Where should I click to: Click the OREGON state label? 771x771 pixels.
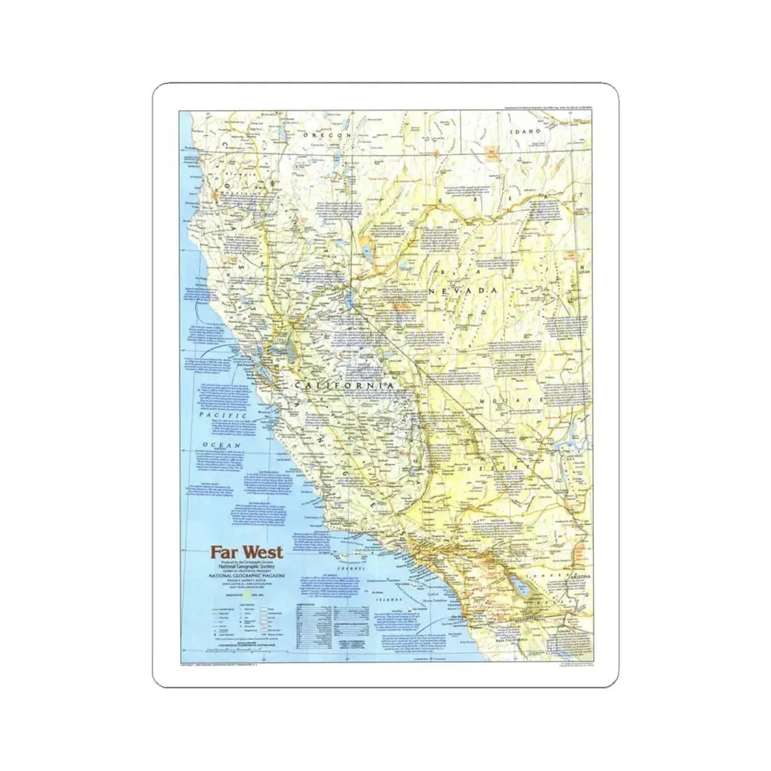pyautogui.click(x=331, y=135)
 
